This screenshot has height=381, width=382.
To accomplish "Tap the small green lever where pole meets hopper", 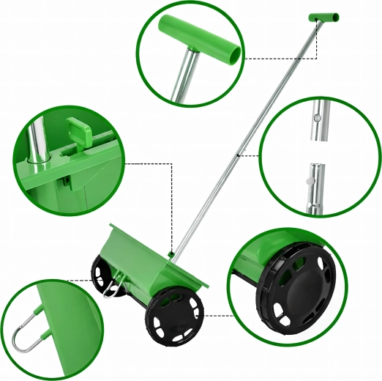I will pyautogui.click(x=170, y=254).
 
